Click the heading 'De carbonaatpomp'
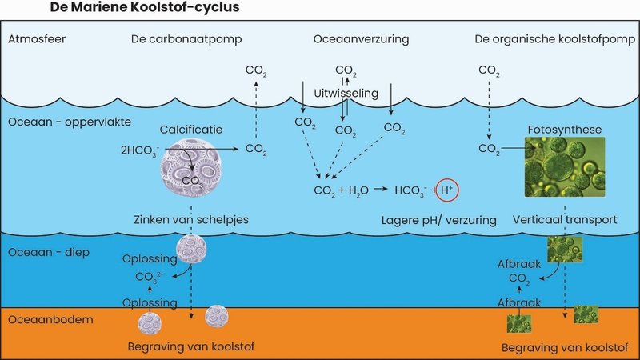coord(175,39)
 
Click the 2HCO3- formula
coord(138,150)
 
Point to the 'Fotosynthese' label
coord(565,129)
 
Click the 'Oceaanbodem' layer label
coord(39,320)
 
